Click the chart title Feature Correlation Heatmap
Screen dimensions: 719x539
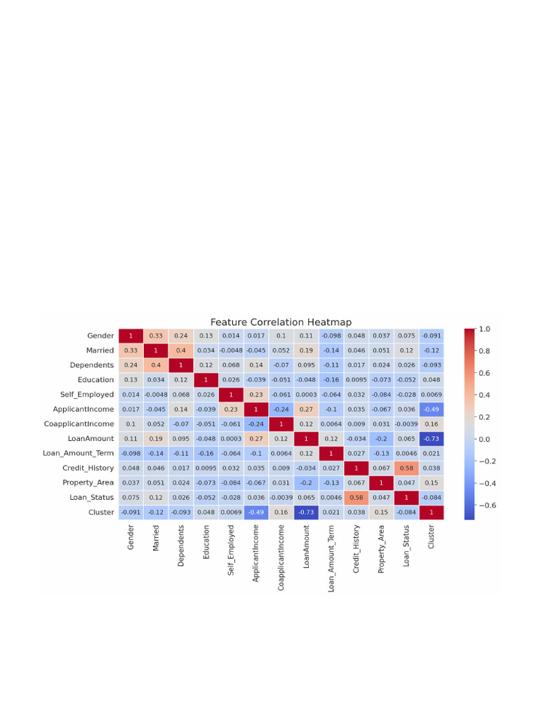click(x=281, y=322)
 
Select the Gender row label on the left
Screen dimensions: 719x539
click(x=100, y=336)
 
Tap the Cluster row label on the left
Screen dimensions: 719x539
click(x=101, y=512)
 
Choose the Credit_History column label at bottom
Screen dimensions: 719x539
click(x=357, y=549)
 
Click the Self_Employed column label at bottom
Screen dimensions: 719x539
click(x=230, y=550)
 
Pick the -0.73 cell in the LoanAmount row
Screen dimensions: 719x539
click(x=431, y=438)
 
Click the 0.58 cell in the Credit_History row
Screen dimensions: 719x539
click(x=406, y=468)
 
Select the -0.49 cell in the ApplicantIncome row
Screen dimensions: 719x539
click(x=431, y=409)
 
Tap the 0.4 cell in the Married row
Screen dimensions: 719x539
click(x=180, y=350)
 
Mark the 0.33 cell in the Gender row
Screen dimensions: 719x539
click(x=155, y=336)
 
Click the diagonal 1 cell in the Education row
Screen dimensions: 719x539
click(x=206, y=380)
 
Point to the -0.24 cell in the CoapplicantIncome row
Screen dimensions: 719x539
click(x=255, y=423)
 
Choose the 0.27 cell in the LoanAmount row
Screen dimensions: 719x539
click(x=255, y=438)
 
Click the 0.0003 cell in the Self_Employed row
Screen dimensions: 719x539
click(x=306, y=394)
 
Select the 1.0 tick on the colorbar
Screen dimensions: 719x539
click(x=484, y=329)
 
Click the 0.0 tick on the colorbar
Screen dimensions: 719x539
click(x=484, y=439)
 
